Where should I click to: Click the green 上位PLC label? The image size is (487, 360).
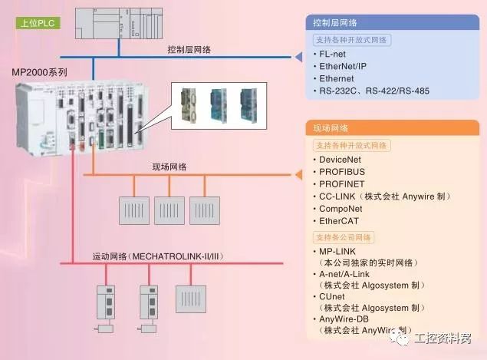click(x=37, y=23)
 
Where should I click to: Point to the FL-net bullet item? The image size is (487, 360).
click(x=333, y=55)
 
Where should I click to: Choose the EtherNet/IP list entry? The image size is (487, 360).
click(x=343, y=67)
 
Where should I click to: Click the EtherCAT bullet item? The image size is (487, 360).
click(x=340, y=221)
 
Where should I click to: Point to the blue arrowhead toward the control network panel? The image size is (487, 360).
click(x=296, y=56)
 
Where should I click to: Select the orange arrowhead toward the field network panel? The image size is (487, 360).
click(x=296, y=175)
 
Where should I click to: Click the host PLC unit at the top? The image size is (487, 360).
click(x=119, y=21)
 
